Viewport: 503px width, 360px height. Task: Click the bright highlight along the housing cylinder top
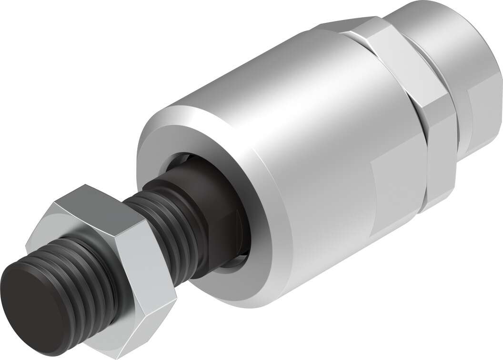267,71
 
